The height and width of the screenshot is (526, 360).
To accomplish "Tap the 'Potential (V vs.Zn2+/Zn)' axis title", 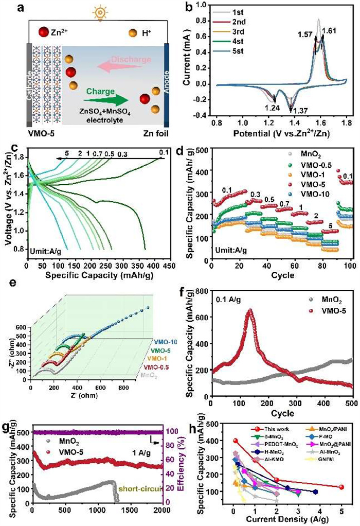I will (289, 135).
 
